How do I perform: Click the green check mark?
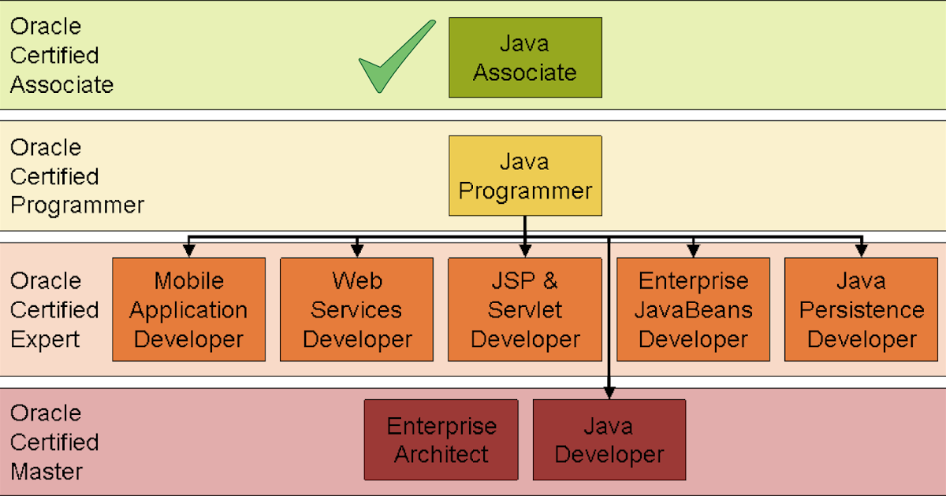pos(394,59)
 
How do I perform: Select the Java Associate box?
pos(525,57)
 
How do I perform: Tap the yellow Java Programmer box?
pos(525,176)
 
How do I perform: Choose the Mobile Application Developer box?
pos(188,309)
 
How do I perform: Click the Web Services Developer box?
pos(357,309)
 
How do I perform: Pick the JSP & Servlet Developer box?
pos(525,309)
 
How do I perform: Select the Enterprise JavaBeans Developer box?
pos(693,309)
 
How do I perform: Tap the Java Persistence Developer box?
pos(862,309)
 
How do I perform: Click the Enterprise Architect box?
pos(441,439)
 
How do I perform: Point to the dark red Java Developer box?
pos(609,439)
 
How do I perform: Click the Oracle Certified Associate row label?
pos(61,55)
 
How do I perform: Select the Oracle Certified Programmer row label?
pos(76,176)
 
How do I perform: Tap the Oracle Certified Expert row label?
pos(54,309)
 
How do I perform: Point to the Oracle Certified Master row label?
pos(54,442)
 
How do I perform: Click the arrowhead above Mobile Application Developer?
pos(188,250)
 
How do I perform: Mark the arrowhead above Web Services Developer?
pos(357,250)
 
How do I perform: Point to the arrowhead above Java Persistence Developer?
pos(862,250)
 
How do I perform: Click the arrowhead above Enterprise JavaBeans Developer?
pos(693,250)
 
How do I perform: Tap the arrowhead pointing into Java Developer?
pos(609,392)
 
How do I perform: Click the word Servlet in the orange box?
pos(525,309)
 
